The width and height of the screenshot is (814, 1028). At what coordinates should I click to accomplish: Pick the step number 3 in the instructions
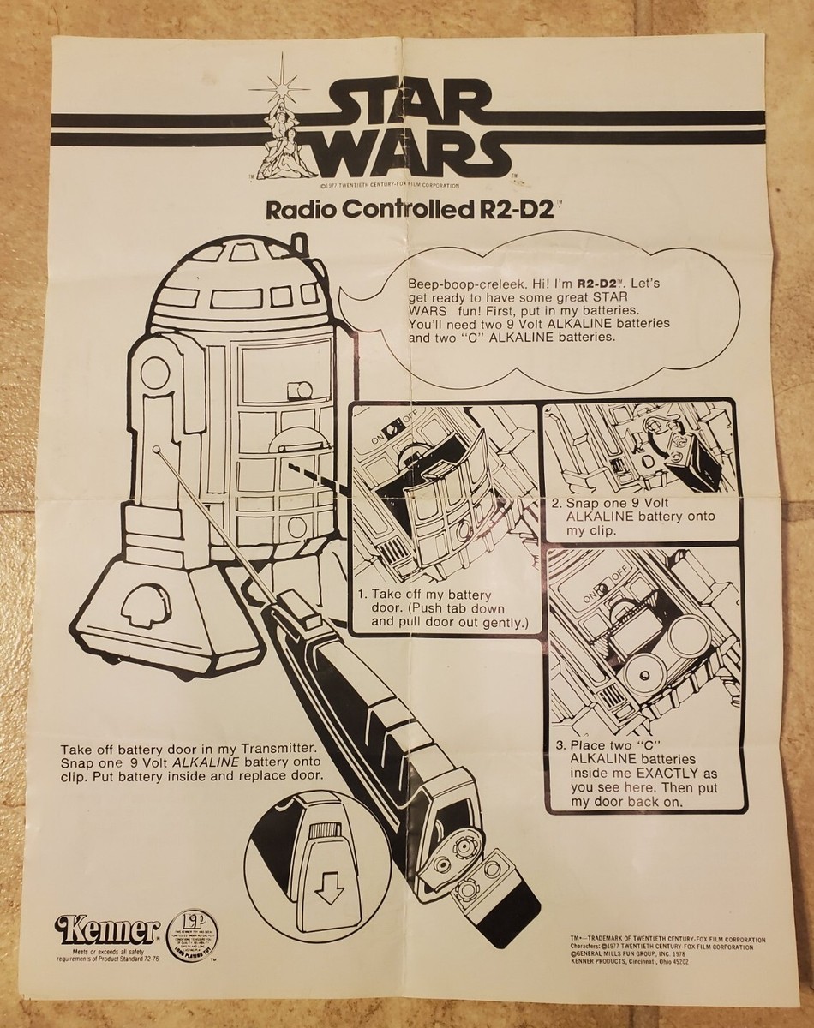pos(558,745)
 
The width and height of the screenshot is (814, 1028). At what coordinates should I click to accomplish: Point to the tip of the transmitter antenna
pos(160,447)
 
